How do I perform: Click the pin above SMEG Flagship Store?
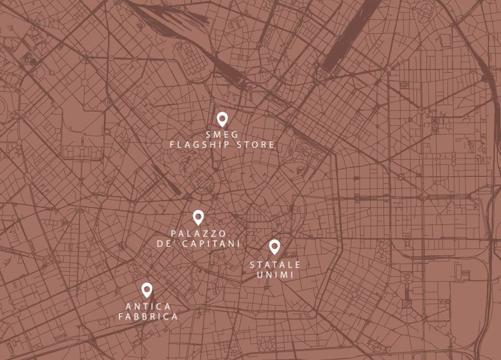[x=222, y=119]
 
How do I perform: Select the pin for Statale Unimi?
[x=275, y=246]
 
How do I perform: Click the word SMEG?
[x=222, y=135]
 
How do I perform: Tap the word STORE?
[x=256, y=145]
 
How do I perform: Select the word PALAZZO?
[x=198, y=233]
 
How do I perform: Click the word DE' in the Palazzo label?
[x=165, y=244]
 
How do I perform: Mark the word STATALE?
[x=275, y=265]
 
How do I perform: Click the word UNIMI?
[x=275, y=274]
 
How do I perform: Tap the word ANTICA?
[x=148, y=306]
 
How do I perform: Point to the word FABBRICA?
[x=148, y=316]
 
